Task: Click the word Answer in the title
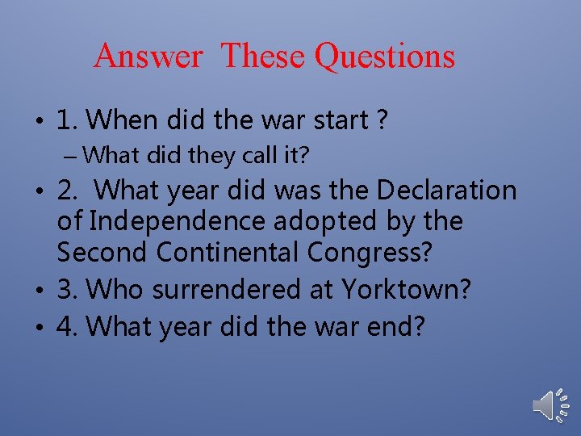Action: coord(148,57)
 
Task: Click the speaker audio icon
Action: coord(551,404)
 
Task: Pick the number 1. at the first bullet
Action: coord(68,121)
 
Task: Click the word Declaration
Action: coord(446,191)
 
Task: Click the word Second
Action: coord(102,252)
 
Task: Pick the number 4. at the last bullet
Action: coord(69,327)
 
